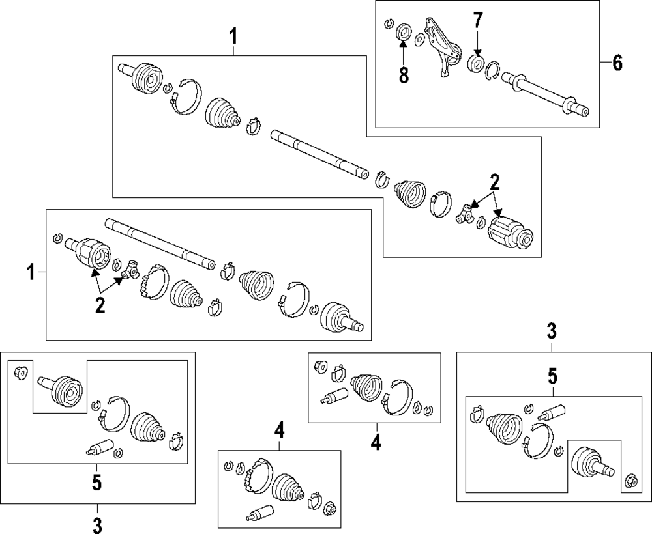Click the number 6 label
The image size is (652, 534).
(x=617, y=63)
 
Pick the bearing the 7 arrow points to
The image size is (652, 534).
(x=477, y=63)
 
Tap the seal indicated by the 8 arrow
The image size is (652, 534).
(x=404, y=31)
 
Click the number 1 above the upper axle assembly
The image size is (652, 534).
(x=233, y=37)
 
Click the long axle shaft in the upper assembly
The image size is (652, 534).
(x=319, y=152)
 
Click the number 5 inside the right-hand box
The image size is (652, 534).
(x=552, y=376)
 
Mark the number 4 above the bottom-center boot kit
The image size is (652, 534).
(x=279, y=430)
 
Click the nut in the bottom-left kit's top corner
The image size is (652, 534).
(x=20, y=372)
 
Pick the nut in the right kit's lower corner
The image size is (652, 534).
(x=630, y=482)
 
